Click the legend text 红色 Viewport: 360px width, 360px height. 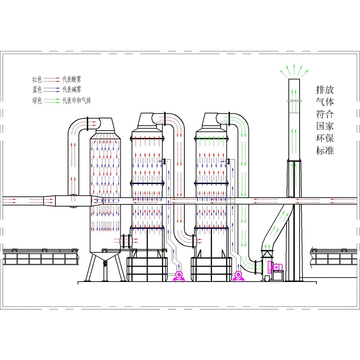pos(37,80)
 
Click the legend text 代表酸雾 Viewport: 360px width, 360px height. pos(72,79)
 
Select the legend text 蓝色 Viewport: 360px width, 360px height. pos(37,89)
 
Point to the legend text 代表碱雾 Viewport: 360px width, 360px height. pos(72,89)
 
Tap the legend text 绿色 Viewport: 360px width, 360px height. pos(37,100)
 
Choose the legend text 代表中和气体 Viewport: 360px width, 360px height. pos(77,100)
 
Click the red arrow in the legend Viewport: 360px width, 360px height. pos(52,80)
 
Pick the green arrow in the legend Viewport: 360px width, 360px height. pos(52,100)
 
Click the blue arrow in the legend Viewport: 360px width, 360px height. pos(52,90)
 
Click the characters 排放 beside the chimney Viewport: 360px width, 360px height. pos(325,90)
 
